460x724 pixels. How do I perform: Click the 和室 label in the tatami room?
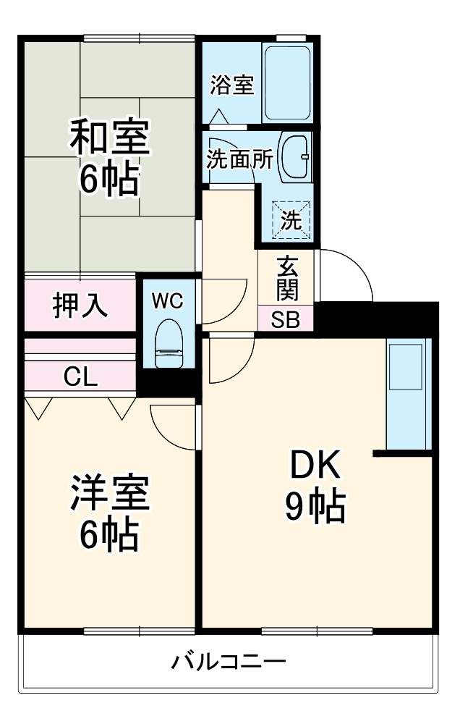[110, 138]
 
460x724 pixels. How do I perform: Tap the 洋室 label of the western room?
[110, 494]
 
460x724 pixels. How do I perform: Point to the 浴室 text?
[231, 85]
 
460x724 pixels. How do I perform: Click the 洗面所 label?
[239, 159]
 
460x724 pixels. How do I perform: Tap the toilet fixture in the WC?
[170, 344]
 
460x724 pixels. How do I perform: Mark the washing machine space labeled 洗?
[291, 220]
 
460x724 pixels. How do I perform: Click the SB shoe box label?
[286, 319]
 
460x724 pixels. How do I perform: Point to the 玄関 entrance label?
[286, 279]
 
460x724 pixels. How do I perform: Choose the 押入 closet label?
[81, 305]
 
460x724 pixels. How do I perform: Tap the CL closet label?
[81, 376]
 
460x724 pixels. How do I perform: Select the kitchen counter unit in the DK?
[408, 395]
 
